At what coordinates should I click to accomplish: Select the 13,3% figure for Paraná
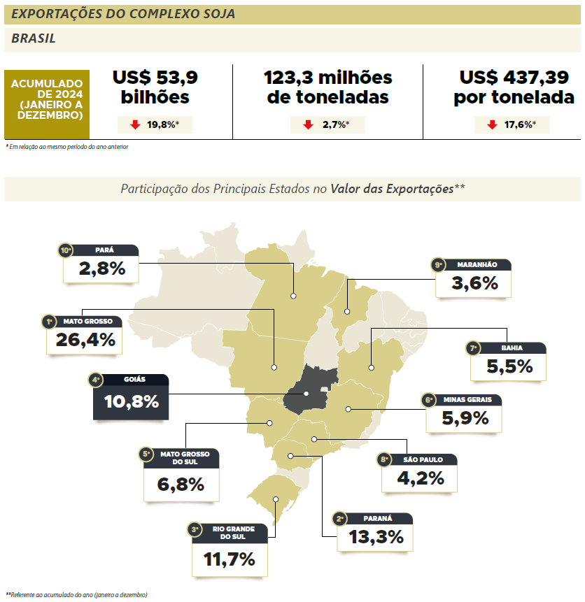(371, 537)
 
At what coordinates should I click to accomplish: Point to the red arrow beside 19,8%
(135, 125)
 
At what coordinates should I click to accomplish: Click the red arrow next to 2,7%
(307, 125)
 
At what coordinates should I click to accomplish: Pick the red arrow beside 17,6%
(492, 125)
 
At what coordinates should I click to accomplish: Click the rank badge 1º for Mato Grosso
(49, 322)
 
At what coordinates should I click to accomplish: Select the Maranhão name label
(477, 265)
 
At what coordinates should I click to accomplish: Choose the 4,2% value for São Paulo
(420, 478)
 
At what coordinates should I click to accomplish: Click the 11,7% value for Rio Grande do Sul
(229, 559)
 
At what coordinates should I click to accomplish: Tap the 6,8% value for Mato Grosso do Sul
(181, 484)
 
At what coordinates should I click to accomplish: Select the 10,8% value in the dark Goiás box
(131, 402)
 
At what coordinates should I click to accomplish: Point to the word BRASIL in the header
(34, 39)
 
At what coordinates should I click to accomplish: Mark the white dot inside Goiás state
(306, 394)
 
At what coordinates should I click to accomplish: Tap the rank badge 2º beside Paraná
(341, 519)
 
